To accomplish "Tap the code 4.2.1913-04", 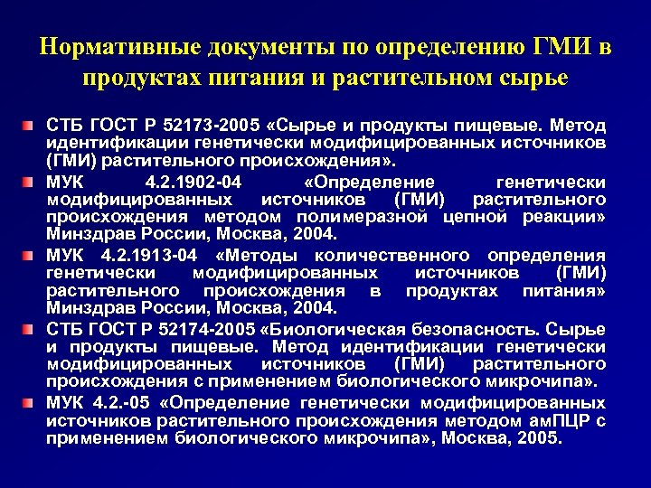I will (x=138, y=254).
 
